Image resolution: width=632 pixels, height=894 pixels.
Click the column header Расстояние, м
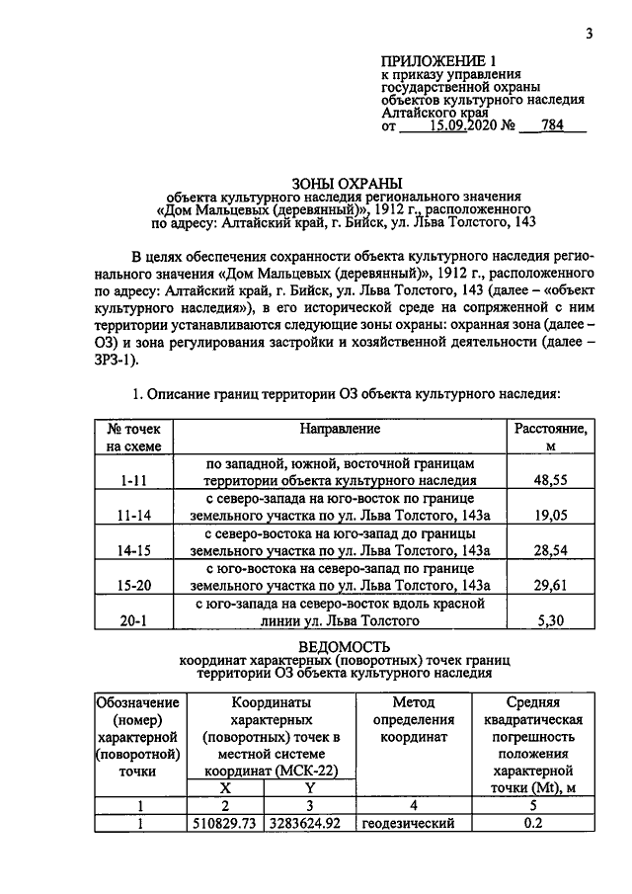point(551,437)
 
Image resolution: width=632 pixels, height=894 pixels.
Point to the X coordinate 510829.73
point(224,823)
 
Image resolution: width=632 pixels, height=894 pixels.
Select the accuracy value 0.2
point(533,823)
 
